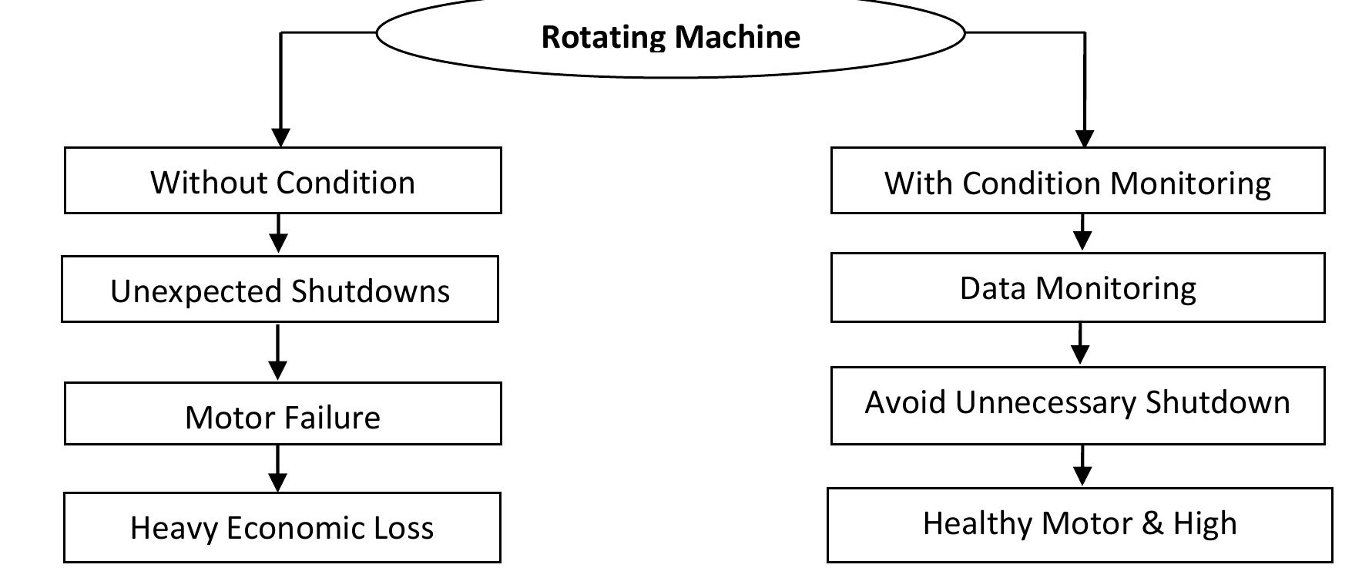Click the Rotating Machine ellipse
(670, 35)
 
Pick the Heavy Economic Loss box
(282, 527)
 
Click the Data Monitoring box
(1078, 287)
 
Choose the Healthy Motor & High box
(1079, 524)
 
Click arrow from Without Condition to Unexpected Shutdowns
(279, 233)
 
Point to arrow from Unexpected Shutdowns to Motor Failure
(277, 351)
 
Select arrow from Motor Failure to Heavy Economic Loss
(277, 468)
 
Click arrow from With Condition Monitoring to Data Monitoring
(1082, 232)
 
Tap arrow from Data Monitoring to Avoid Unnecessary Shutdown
(1081, 344)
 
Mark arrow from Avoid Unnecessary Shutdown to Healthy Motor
(1082, 465)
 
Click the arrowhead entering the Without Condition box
(281, 137)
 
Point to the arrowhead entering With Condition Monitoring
(1085, 138)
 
